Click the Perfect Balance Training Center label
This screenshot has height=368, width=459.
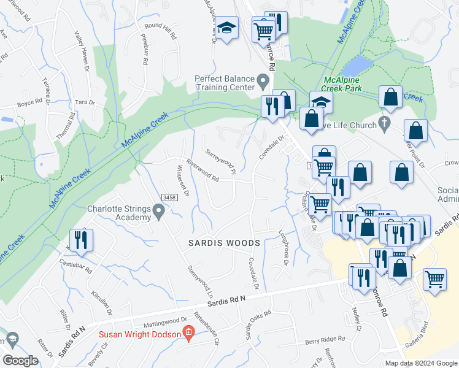coord(224,83)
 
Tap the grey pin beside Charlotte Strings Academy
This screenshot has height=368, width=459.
coord(159,212)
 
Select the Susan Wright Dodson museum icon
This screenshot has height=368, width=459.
coord(189,334)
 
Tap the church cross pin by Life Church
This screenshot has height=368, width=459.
coord(384,123)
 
